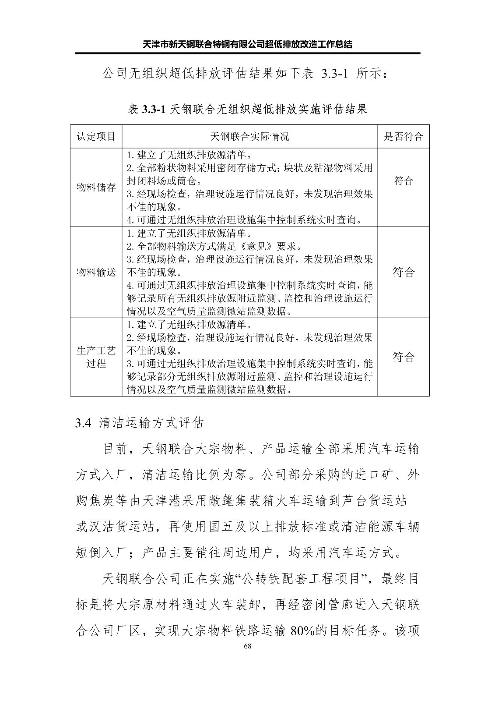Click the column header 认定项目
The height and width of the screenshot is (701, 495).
click(96, 136)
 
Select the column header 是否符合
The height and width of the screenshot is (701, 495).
click(403, 136)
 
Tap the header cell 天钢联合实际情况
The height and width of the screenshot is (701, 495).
click(249, 136)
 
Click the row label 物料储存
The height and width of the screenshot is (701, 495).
click(96, 188)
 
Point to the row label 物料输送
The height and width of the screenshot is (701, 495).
click(96, 273)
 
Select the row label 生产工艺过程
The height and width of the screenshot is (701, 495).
click(96, 357)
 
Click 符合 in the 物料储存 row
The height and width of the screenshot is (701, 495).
click(403, 181)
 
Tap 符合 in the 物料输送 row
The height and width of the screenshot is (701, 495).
click(403, 273)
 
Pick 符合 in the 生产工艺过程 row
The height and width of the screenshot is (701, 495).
click(403, 357)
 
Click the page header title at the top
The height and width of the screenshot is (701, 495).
click(248, 44)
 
